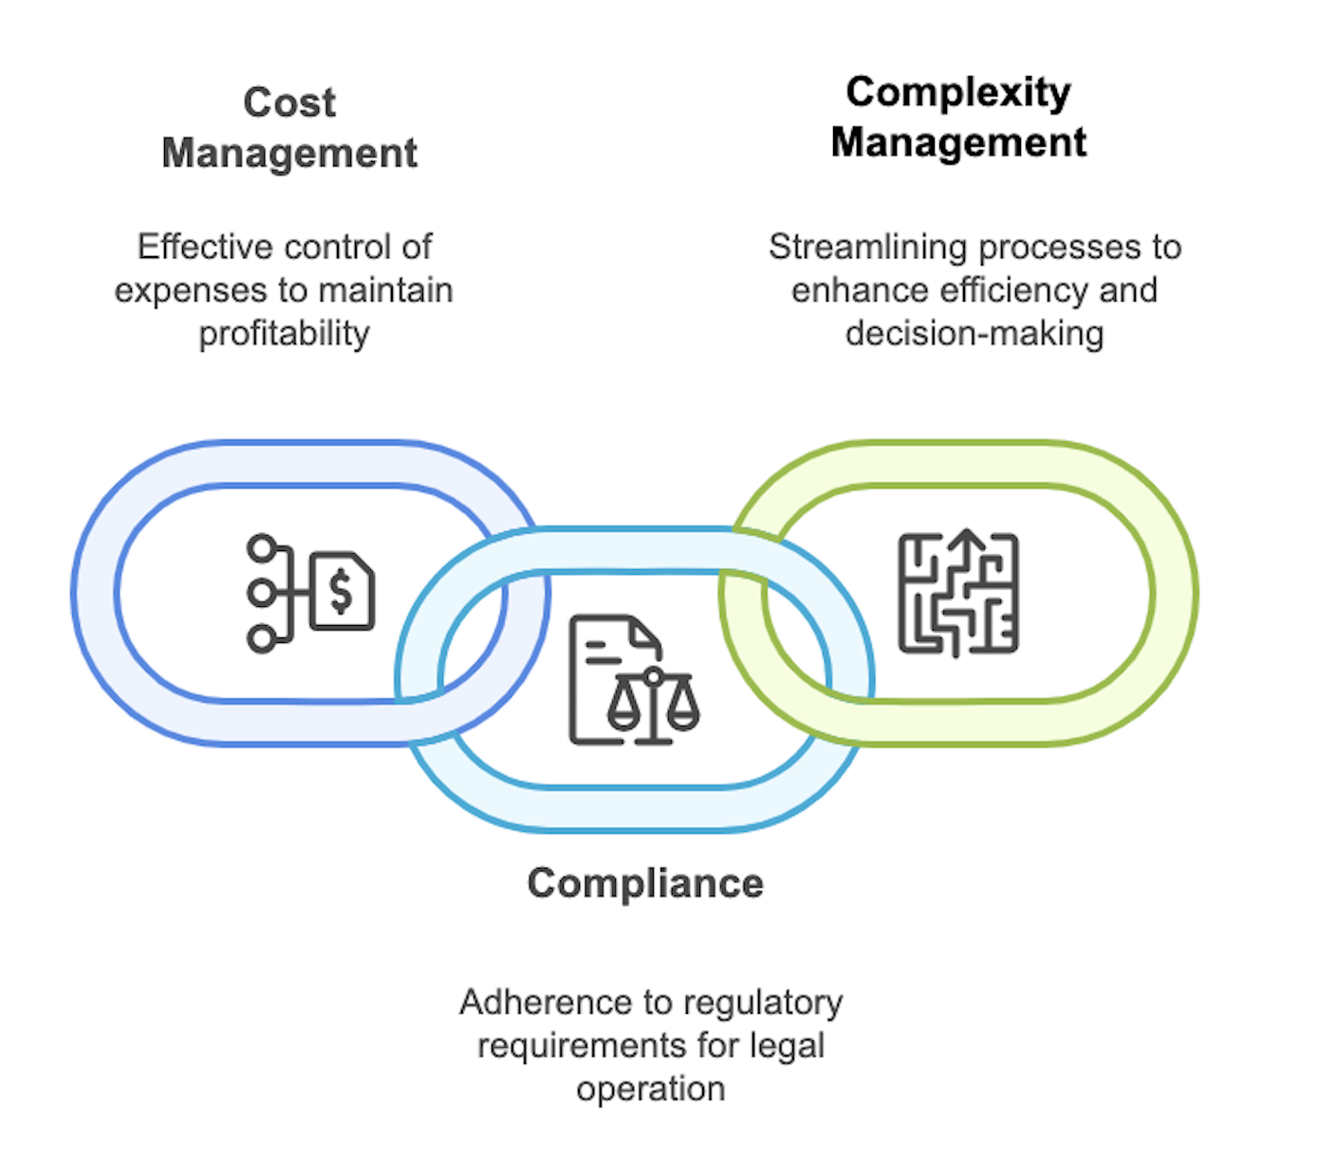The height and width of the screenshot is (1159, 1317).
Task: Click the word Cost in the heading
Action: pyautogui.click(x=289, y=102)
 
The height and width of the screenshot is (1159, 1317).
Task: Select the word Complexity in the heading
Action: pyautogui.click(x=958, y=92)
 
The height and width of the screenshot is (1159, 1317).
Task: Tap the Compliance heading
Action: pyautogui.click(x=645, y=883)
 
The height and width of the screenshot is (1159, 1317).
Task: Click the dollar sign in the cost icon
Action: pyautogui.click(x=341, y=592)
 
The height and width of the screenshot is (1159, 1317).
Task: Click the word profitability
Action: pyautogui.click(x=284, y=334)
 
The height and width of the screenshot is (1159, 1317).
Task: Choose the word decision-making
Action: pyautogui.click(x=974, y=334)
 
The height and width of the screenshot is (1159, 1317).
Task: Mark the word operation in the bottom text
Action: pyautogui.click(x=651, y=1089)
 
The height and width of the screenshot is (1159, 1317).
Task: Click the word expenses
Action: pyautogui.click(x=187, y=290)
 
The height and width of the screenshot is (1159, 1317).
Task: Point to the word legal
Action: pyautogui.click(x=787, y=1045)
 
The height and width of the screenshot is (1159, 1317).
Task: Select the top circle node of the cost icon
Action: pyautogui.click(x=262, y=548)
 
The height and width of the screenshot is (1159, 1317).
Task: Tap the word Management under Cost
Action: pyautogui.click(x=289, y=153)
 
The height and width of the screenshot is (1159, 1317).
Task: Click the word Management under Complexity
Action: pyautogui.click(x=958, y=142)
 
